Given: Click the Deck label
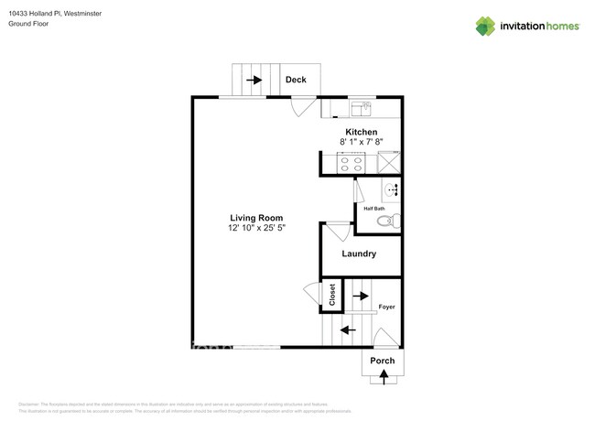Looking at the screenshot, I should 295,80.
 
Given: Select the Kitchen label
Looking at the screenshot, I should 361,132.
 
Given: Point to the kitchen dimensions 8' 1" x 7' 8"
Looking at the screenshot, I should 361,142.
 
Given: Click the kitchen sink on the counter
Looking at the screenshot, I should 360,110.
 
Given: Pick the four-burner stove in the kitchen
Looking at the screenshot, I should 351,164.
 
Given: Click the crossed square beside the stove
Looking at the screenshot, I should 389,164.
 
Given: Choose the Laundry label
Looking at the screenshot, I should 360,254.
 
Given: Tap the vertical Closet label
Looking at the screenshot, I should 332,295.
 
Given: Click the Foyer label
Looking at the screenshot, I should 387,307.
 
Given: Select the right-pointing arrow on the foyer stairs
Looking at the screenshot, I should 361,296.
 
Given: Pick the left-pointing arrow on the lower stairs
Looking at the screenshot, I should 349,329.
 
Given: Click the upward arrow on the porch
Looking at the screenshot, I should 383,373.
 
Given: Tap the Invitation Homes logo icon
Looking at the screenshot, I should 485,26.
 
